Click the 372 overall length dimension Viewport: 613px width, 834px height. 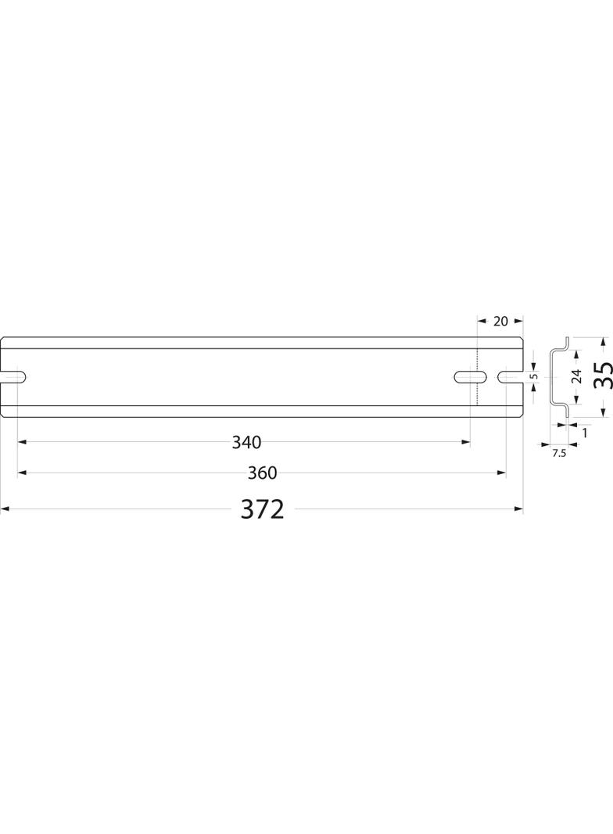tap(263, 509)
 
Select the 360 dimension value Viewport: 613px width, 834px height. tap(262, 473)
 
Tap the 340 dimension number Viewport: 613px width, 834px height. tap(247, 442)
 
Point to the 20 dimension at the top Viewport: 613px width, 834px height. tap(501, 322)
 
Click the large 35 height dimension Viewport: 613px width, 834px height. tap(603, 376)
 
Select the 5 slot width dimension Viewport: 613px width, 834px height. tap(535, 376)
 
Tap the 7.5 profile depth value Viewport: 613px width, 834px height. tap(559, 454)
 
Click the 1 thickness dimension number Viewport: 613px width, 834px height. tap(585, 433)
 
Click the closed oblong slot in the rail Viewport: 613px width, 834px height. tap(471, 376)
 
